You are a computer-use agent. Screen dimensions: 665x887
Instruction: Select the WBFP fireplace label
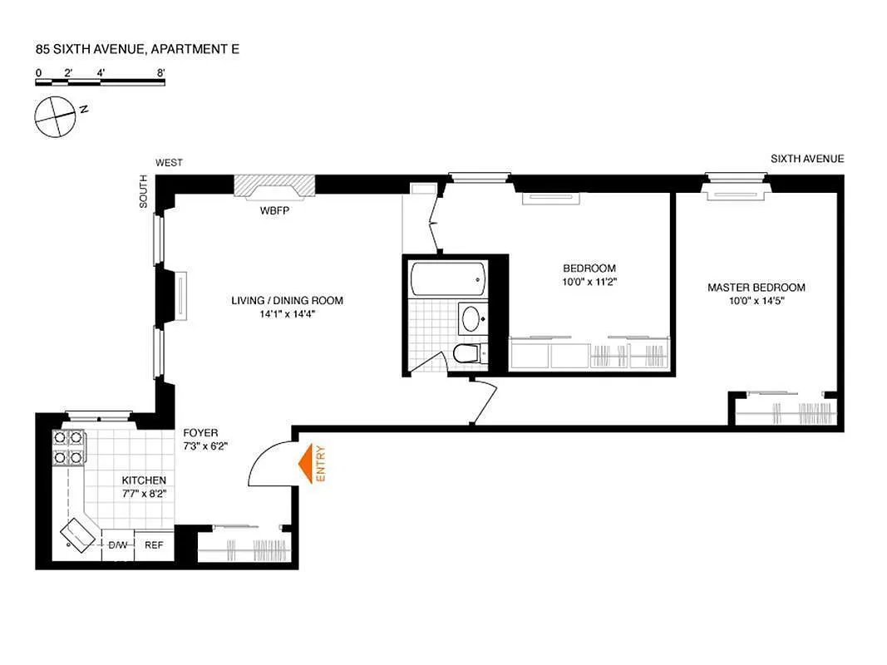(274, 210)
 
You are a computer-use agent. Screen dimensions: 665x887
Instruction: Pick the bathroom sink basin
(471, 318)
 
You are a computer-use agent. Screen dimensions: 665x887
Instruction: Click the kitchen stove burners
(68, 446)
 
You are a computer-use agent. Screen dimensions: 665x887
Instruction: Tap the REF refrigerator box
(154, 545)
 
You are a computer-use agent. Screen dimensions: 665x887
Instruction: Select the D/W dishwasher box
(117, 545)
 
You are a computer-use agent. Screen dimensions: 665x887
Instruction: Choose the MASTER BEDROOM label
(756, 288)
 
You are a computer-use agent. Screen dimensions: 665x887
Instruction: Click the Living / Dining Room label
(287, 301)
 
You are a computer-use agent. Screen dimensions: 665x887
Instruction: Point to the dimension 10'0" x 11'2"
(589, 282)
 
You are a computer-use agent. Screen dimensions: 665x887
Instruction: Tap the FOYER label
(200, 433)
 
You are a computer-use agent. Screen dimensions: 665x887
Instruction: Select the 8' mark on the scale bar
(160, 72)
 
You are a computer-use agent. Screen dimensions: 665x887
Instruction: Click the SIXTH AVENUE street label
(806, 159)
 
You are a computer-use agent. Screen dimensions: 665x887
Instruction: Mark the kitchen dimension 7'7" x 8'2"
(144, 494)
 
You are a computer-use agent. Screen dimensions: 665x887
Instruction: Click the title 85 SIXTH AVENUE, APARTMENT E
(137, 50)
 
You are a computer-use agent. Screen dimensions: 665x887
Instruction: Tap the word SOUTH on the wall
(143, 190)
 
